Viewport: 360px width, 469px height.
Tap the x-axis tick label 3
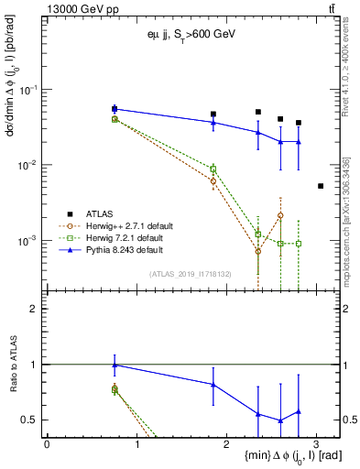click(x=316, y=443)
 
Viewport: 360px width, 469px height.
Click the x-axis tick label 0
click(x=47, y=443)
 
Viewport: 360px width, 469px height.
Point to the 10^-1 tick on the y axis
click(x=31, y=90)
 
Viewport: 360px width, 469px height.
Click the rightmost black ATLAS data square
click(x=320, y=186)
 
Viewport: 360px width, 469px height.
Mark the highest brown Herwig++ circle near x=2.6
click(x=280, y=215)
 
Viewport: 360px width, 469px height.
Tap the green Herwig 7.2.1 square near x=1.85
click(x=213, y=169)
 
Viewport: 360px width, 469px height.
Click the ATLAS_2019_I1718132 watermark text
click(x=190, y=274)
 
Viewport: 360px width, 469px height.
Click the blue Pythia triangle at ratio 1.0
click(x=115, y=365)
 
